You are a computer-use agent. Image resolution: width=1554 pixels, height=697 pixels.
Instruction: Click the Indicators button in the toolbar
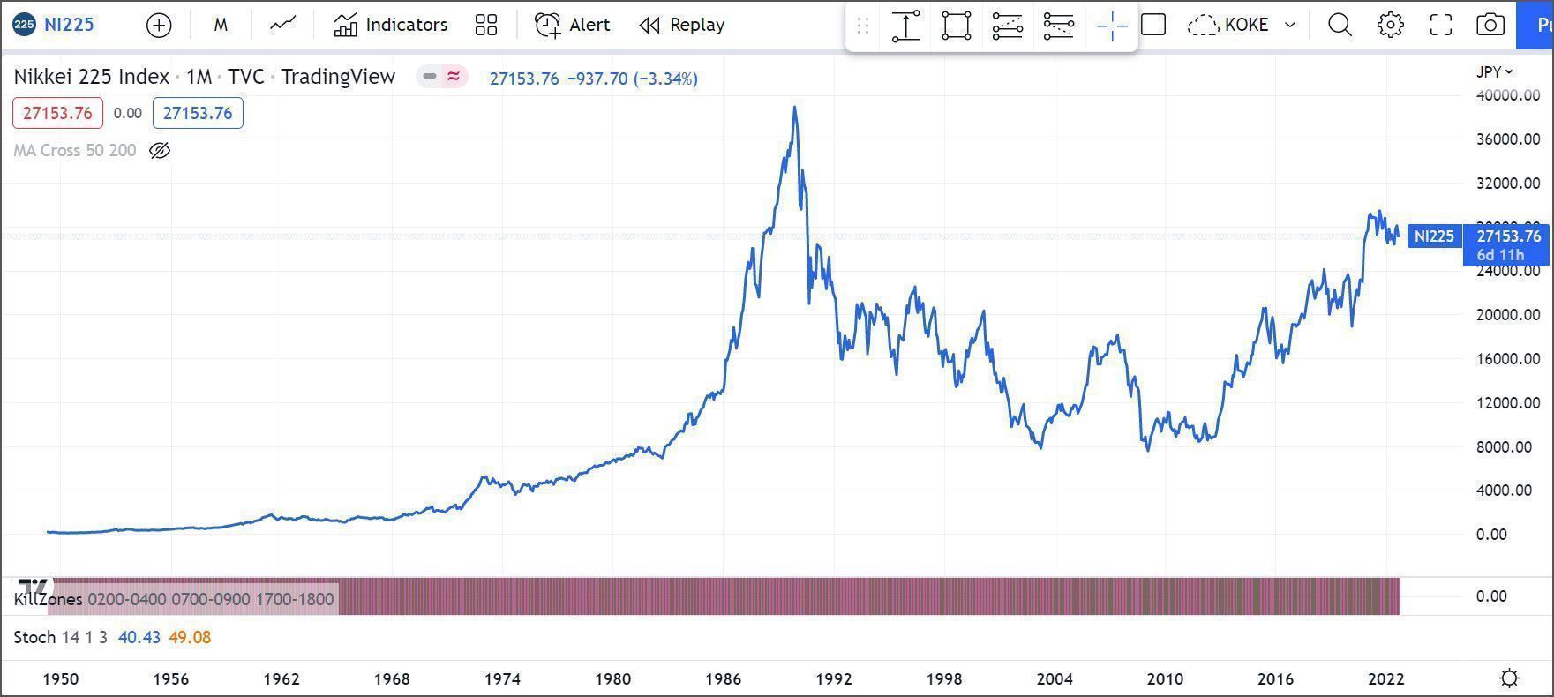point(391,25)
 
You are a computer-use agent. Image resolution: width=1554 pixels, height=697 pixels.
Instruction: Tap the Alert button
point(573,25)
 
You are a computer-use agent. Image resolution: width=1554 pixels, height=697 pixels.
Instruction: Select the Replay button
point(682,25)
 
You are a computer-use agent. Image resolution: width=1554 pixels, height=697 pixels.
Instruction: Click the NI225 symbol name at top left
point(68,25)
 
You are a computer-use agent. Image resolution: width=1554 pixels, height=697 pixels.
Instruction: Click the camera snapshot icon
point(1490,25)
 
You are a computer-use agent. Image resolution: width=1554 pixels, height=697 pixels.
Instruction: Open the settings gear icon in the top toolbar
point(1390,25)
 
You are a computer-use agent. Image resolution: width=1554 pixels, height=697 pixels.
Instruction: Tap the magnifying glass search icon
point(1340,25)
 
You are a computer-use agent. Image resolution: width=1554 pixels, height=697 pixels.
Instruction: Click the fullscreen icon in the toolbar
point(1440,25)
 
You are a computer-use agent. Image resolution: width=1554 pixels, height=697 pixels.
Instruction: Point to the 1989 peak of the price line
point(795,108)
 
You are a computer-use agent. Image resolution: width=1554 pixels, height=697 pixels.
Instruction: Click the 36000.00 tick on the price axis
point(1507,139)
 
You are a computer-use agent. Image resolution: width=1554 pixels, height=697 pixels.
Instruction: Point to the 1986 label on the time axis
point(723,678)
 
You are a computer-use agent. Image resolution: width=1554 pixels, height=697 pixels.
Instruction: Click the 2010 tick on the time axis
point(1165,678)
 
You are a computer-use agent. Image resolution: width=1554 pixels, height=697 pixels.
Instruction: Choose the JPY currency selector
point(1494,71)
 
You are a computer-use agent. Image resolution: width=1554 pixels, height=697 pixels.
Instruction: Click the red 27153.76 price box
point(57,113)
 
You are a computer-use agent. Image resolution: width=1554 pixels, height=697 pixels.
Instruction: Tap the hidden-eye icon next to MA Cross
point(160,151)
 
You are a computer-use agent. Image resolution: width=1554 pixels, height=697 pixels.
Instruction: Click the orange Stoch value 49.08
point(190,637)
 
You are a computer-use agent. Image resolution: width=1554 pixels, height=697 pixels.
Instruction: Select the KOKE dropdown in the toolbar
point(1243,25)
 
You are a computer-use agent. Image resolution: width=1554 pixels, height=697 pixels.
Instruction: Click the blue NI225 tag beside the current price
point(1434,236)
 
